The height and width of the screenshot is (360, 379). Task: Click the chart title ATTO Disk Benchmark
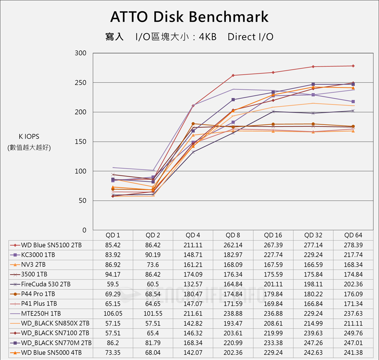[x=189, y=17]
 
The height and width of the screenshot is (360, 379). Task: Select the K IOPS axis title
[x=29, y=137]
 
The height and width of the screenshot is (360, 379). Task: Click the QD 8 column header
[x=233, y=235]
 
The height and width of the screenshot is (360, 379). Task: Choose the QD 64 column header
[x=353, y=235]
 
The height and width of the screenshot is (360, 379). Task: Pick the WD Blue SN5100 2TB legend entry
[x=51, y=245]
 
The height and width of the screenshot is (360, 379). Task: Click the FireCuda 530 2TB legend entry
[x=46, y=284]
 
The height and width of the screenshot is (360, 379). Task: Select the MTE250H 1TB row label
[x=41, y=313]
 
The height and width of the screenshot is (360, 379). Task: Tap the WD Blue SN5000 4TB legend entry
[x=51, y=353]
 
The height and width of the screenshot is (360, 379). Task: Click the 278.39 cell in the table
[x=353, y=245]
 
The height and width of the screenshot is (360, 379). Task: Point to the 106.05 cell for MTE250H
[x=113, y=313]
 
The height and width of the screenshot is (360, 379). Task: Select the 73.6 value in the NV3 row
[x=153, y=265]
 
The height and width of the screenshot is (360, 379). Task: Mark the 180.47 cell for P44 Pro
[x=193, y=294]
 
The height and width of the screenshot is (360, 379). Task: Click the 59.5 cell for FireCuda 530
[x=113, y=284]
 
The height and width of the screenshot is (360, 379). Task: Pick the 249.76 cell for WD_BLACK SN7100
[x=353, y=333]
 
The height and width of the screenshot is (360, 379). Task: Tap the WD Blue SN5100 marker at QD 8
[x=233, y=75]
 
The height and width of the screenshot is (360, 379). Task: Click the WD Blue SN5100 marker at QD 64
[x=353, y=66]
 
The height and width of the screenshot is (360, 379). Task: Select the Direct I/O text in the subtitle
[x=251, y=37]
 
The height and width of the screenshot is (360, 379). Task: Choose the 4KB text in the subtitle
[x=207, y=37]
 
